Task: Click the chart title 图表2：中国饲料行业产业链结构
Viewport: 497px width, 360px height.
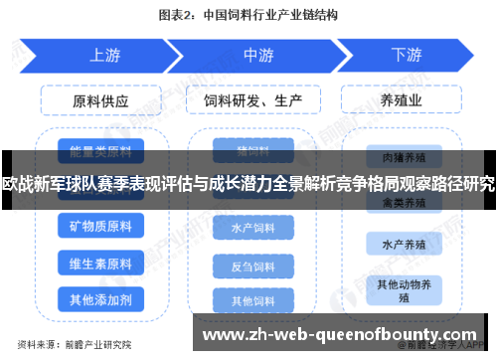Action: point(248,15)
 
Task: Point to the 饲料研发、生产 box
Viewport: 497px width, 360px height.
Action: point(252,101)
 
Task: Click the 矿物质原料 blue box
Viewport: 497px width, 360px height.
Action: point(99,229)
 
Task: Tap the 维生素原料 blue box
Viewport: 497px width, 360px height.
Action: point(99,265)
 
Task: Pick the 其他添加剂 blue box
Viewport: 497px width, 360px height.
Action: point(99,299)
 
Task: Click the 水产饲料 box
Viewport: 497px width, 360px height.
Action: point(253,229)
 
